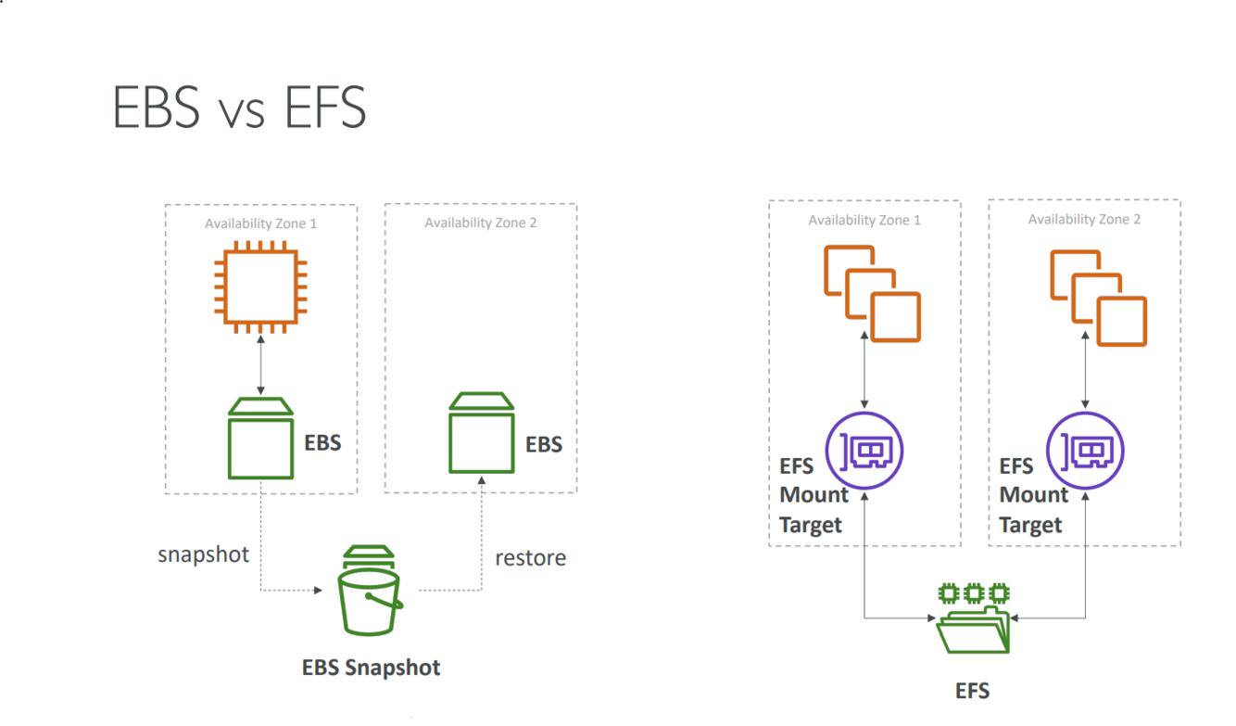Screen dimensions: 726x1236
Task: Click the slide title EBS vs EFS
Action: click(239, 108)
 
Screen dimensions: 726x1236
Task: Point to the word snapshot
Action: click(203, 554)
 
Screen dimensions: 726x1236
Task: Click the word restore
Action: click(530, 557)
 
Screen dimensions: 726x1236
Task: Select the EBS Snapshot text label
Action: click(371, 667)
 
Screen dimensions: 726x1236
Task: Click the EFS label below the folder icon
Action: click(972, 691)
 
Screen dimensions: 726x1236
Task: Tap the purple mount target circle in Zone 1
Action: click(864, 451)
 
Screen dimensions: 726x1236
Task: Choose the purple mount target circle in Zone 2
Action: click(1085, 451)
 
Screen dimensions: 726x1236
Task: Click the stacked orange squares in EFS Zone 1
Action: click(872, 293)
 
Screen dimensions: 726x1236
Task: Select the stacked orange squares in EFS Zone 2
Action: click(1098, 298)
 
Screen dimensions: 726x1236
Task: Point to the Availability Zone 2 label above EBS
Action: click(480, 223)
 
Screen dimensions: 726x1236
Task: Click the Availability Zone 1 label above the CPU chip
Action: click(260, 223)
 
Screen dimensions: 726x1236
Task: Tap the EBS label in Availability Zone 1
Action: click(322, 442)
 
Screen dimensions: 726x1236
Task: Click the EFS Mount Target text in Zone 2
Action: click(1033, 495)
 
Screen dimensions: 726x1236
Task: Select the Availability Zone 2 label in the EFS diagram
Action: click(1084, 220)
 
